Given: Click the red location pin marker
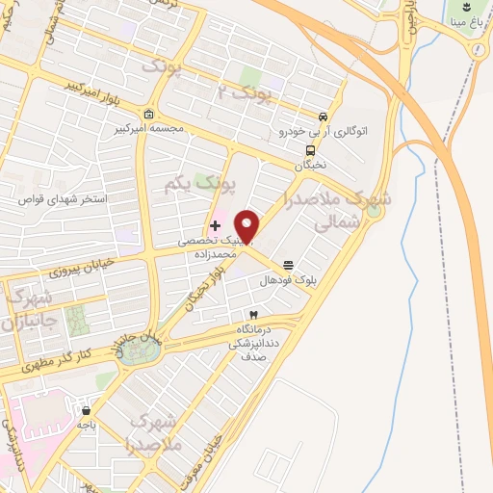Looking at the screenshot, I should (x=248, y=225).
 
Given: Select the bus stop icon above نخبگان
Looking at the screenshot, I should (x=310, y=150).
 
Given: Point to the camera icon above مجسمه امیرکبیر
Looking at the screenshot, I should (x=148, y=113).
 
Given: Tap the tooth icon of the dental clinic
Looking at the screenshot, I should (x=253, y=315).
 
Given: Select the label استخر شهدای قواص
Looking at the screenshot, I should (x=65, y=199).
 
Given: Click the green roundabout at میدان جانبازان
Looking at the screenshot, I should (x=139, y=350).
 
